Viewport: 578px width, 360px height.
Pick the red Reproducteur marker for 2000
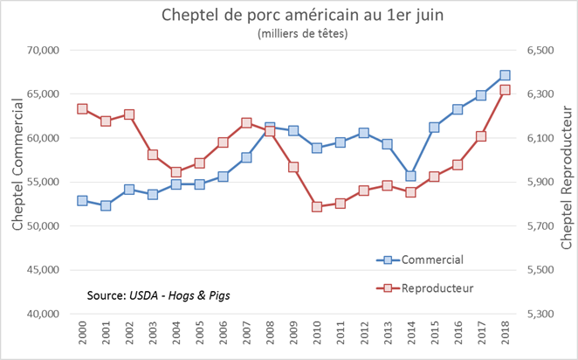point(82,109)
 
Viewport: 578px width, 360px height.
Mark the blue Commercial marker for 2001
point(106,205)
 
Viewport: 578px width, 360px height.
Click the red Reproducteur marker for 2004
point(175,172)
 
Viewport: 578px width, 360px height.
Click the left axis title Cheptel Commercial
point(16,181)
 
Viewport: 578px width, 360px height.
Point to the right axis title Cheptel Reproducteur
point(565,181)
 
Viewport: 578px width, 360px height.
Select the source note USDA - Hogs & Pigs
point(150,295)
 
